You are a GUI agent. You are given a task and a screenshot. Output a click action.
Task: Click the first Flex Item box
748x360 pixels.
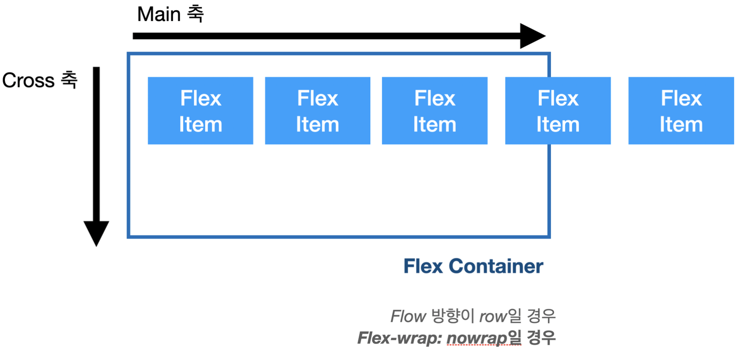[x=200, y=110]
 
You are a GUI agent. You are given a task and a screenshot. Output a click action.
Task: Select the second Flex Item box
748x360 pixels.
[x=317, y=110]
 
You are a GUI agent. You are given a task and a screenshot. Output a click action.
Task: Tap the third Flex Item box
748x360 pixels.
[x=434, y=110]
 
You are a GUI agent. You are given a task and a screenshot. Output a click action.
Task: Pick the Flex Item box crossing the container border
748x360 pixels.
[x=558, y=110]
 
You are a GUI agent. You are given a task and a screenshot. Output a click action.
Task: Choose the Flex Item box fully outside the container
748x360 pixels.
[x=681, y=110]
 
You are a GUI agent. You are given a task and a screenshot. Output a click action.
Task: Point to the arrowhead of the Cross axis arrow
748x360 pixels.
[x=96, y=232]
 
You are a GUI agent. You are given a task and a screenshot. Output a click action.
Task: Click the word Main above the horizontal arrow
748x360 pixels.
[x=159, y=14]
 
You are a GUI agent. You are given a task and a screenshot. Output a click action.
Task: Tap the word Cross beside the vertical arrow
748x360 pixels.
[x=28, y=81]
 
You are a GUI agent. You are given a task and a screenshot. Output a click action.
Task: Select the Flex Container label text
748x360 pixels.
[x=473, y=266]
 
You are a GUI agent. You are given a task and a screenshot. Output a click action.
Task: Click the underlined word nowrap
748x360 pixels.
[x=476, y=338]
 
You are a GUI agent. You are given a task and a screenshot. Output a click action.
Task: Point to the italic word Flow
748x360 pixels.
[x=408, y=317]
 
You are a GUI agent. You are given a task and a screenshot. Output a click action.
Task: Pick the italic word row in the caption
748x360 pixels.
[x=493, y=317]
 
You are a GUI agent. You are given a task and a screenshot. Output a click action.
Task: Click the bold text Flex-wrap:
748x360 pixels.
[x=399, y=338]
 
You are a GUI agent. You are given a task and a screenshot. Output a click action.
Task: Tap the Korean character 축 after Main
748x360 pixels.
[x=195, y=14]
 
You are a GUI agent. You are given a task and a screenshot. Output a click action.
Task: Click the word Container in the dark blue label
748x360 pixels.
[x=496, y=266]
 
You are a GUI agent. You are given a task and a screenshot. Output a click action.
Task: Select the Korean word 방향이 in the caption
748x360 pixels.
[x=452, y=316]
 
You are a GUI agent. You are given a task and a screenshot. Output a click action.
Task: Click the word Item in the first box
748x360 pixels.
[x=201, y=125]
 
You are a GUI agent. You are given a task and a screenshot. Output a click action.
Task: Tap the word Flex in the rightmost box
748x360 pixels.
[x=681, y=98]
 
